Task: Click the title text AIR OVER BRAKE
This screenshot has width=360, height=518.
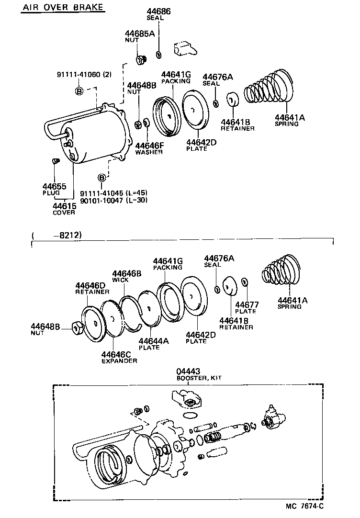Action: click(x=63, y=8)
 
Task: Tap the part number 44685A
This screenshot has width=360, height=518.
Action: click(x=140, y=34)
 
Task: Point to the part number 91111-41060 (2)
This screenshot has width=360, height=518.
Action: click(x=84, y=74)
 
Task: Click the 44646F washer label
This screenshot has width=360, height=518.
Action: click(x=149, y=146)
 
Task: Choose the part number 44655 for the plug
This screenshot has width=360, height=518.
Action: click(x=54, y=186)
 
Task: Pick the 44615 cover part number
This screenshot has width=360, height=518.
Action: click(x=64, y=205)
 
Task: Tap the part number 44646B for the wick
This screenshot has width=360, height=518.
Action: click(x=127, y=273)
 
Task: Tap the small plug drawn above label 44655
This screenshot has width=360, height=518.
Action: click(x=55, y=161)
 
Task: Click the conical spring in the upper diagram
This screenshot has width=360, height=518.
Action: click(x=268, y=89)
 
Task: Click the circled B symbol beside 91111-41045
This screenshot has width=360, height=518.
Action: click(x=101, y=178)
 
